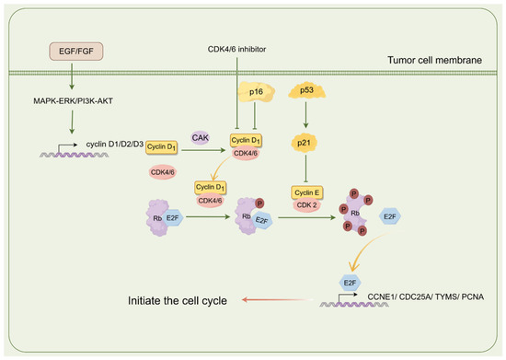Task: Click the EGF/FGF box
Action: (76, 52)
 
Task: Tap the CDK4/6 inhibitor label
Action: (236, 50)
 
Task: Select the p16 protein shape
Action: (257, 92)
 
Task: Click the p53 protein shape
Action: (306, 90)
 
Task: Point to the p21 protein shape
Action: (304, 143)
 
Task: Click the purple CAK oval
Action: (200, 138)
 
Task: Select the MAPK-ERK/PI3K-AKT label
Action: (74, 101)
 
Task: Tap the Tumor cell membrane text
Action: (434, 60)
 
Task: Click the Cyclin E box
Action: (307, 192)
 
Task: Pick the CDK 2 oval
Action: (306, 205)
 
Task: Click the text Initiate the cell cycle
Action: (178, 300)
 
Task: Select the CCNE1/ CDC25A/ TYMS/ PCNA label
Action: (426, 296)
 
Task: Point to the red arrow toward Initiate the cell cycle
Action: (278, 300)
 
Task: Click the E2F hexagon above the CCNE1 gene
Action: (350, 283)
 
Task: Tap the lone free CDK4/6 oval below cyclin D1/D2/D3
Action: (163, 172)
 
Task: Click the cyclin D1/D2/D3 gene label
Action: (115, 144)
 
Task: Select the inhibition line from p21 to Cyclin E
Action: (305, 168)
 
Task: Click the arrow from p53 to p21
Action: (305, 115)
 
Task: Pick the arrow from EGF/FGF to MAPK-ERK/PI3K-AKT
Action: (72, 76)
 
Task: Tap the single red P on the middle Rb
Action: (259, 203)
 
